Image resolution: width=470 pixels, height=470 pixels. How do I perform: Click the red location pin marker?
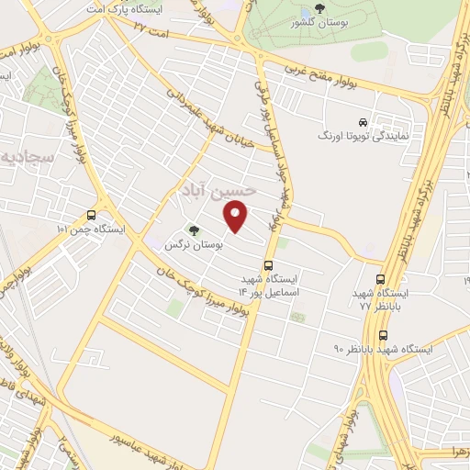point(236,217)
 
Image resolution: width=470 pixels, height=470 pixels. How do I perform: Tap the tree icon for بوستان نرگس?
point(193,230)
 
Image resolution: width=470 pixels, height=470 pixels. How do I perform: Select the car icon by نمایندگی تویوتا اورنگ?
point(363,122)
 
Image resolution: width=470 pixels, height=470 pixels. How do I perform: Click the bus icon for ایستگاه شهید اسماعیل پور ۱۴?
point(268,265)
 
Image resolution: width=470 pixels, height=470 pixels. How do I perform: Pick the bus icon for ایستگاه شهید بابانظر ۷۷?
point(381,280)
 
